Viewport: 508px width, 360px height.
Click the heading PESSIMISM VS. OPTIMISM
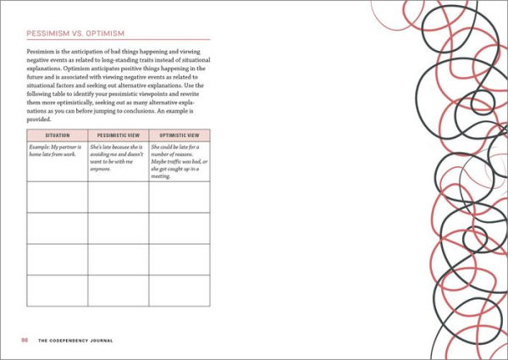coord(76,33)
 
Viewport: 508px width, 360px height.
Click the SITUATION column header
coord(58,136)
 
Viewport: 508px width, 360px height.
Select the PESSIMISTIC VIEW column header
coord(119,136)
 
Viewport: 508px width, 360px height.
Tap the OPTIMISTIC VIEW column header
coord(179,136)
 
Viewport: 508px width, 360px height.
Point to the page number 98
coord(25,340)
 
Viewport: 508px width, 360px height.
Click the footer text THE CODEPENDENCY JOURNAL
coord(75,340)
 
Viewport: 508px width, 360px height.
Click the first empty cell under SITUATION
coord(58,197)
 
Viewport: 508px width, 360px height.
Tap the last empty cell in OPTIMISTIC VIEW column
coord(179,291)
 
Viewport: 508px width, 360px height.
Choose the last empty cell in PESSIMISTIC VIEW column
coord(119,291)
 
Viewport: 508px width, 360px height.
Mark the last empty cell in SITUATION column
coord(58,291)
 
